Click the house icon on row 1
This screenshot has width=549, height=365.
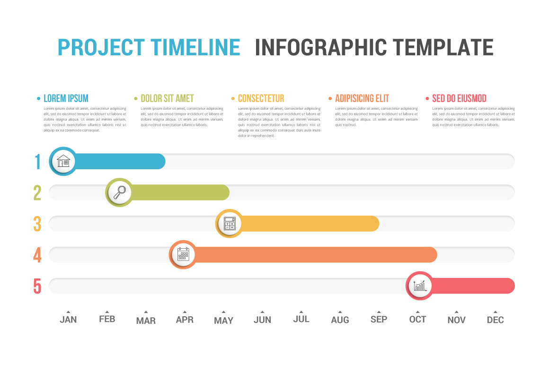pos(63,161)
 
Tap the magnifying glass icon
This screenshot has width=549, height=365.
pos(119,192)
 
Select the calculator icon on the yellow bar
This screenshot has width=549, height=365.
pos(230,224)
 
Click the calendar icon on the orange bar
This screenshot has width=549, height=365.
pos(183,255)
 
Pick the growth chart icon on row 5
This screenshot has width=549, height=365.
pos(420,286)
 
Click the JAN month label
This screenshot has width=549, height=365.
pos(68,320)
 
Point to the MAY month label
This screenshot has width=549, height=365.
pos(223,321)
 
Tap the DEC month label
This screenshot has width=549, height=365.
pos(496,320)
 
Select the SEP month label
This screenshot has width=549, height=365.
pos(379,320)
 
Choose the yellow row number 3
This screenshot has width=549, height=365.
pos(37,224)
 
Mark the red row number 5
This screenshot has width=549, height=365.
pos(37,287)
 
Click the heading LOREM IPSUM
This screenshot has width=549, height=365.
pos(66,98)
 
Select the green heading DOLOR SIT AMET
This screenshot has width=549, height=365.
pos(167,98)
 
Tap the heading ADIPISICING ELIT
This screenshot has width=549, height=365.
pos(362,98)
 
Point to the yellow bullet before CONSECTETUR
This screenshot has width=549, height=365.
pos(233,99)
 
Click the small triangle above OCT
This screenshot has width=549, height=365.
pos(417,312)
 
